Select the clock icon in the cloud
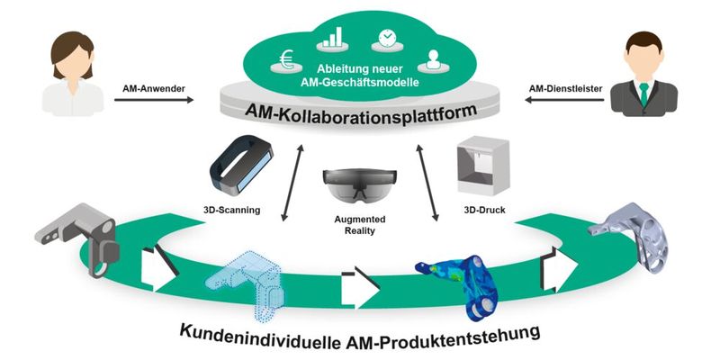(x=385, y=39)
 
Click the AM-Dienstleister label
(x=563, y=88)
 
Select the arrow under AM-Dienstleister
(x=563, y=102)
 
